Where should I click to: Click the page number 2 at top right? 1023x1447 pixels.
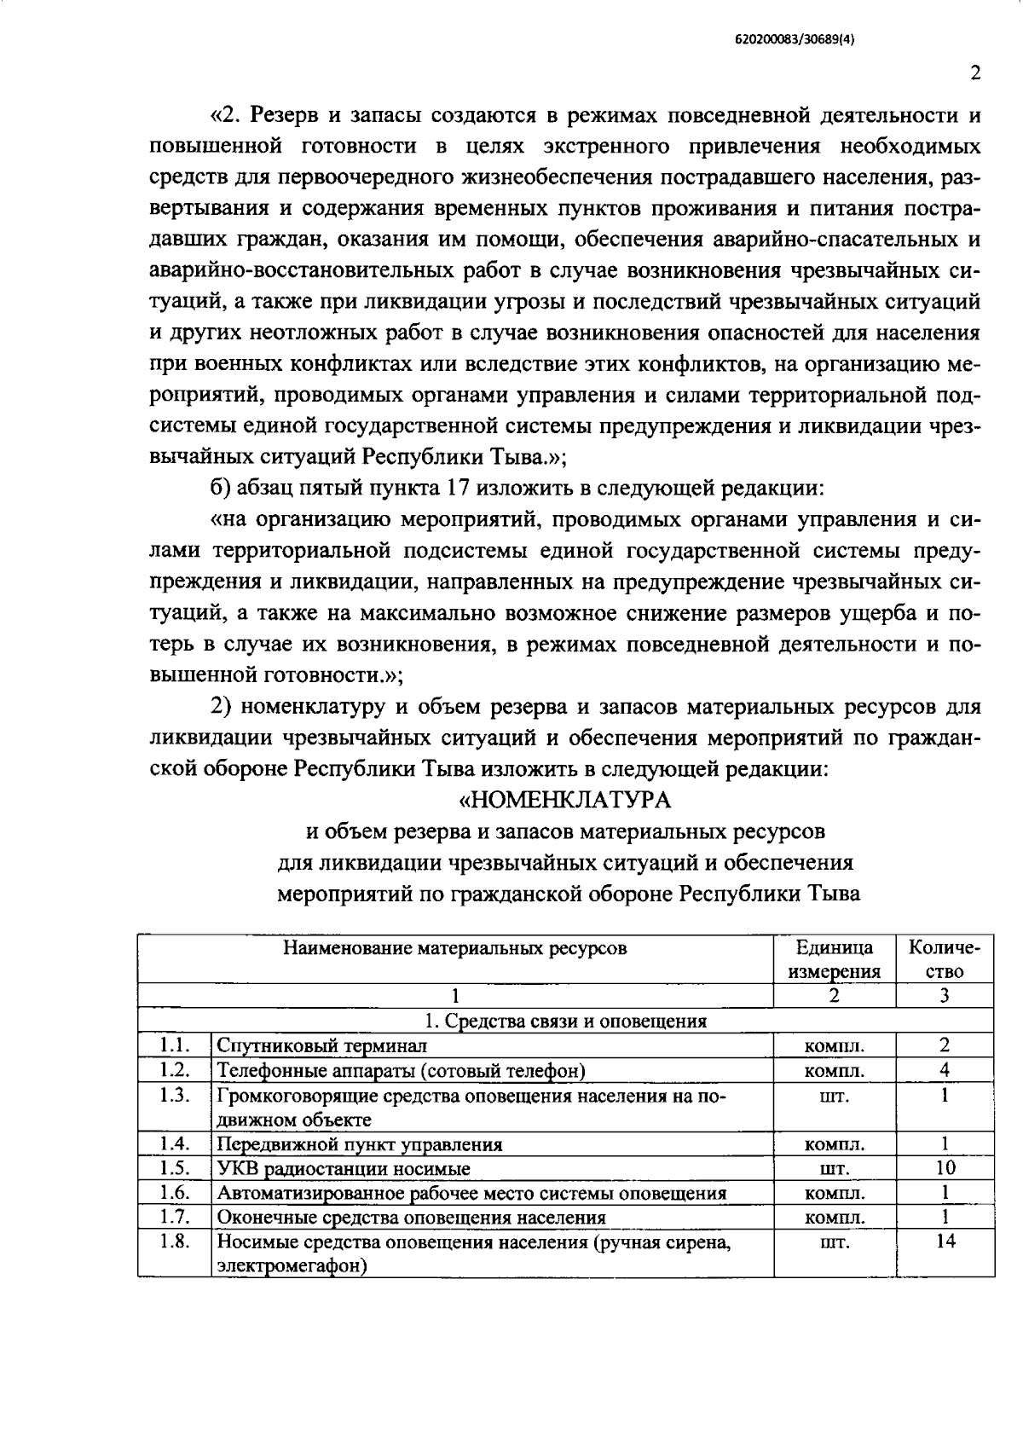coord(975,73)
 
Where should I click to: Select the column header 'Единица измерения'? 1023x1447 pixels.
coord(834,959)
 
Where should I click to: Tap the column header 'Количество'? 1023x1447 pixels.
coord(945,959)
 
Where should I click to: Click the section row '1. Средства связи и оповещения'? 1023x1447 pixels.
coord(565,1021)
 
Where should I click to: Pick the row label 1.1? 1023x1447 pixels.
coord(174,1045)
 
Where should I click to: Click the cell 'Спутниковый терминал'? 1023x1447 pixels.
coord(321,1045)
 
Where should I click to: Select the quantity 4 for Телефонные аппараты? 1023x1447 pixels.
coord(945,1069)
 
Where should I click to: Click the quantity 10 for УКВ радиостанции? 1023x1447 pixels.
coord(945,1168)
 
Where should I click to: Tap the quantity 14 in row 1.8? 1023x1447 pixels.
coord(945,1242)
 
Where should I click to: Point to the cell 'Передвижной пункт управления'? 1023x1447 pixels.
coord(360,1144)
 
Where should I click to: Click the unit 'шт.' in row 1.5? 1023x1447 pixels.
coord(834,1169)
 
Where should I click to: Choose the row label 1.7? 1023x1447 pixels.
coord(174,1217)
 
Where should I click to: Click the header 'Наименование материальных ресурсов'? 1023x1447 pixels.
coord(455,948)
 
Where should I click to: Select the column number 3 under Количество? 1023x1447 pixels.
coord(945,995)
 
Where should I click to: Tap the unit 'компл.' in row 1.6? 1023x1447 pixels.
coord(834,1194)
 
